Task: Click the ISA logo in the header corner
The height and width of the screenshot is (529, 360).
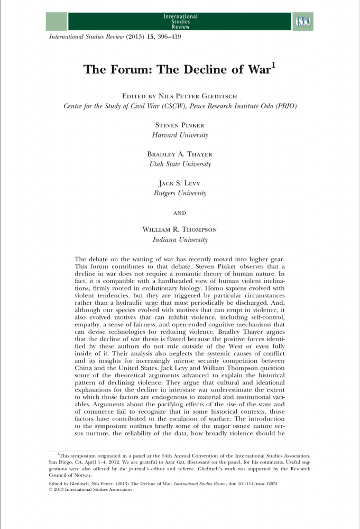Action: pyautogui.click(x=302, y=22)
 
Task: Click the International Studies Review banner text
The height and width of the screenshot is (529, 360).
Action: pyautogui.click(x=180, y=22)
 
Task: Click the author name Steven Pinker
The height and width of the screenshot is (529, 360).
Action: pyautogui.click(x=180, y=125)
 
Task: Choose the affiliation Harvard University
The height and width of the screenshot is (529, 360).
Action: pyautogui.click(x=180, y=135)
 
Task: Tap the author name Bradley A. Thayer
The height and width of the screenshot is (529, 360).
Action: pyautogui.click(x=180, y=154)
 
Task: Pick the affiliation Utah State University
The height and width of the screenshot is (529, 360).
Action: pyautogui.click(x=180, y=164)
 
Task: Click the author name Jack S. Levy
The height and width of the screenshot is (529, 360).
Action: pyautogui.click(x=180, y=183)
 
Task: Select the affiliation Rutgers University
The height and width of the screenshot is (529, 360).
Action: pyautogui.click(x=180, y=193)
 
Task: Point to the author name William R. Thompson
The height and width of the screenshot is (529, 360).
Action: pyautogui.click(x=180, y=230)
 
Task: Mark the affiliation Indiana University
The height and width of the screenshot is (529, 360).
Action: pyautogui.click(x=180, y=240)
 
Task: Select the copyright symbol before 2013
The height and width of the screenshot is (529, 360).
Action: pyautogui.click(x=50, y=490)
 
